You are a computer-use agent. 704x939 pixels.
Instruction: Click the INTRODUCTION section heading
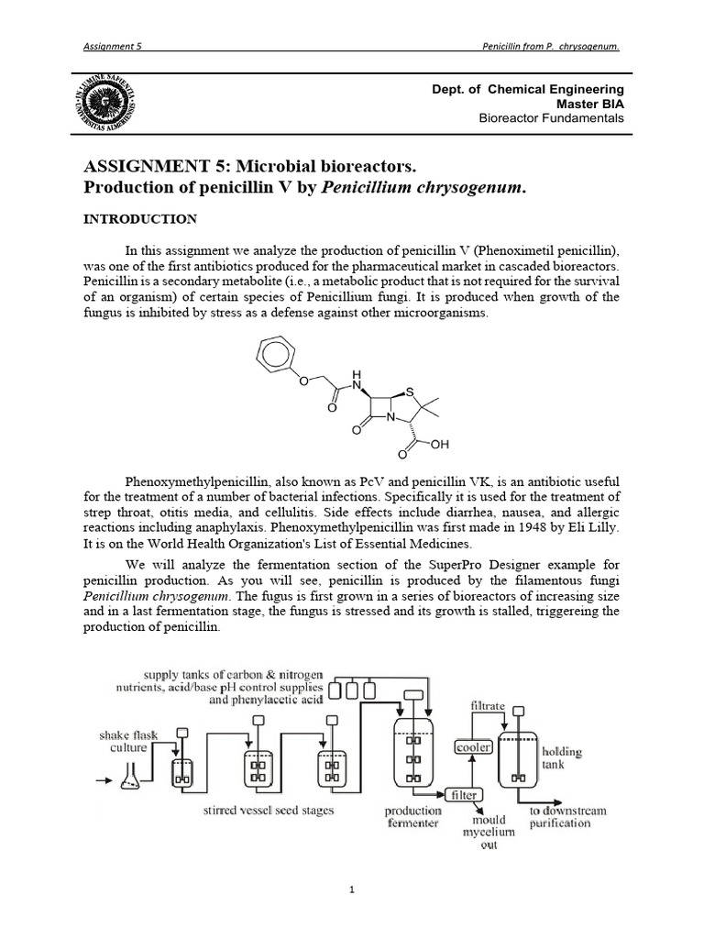pos(139,219)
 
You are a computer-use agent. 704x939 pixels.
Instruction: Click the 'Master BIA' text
pos(591,104)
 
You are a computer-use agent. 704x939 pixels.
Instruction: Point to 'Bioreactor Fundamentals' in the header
pos(552,118)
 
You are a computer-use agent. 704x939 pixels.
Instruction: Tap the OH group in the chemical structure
pos(440,444)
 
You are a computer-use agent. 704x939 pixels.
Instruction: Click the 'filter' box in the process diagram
pos(462,794)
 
